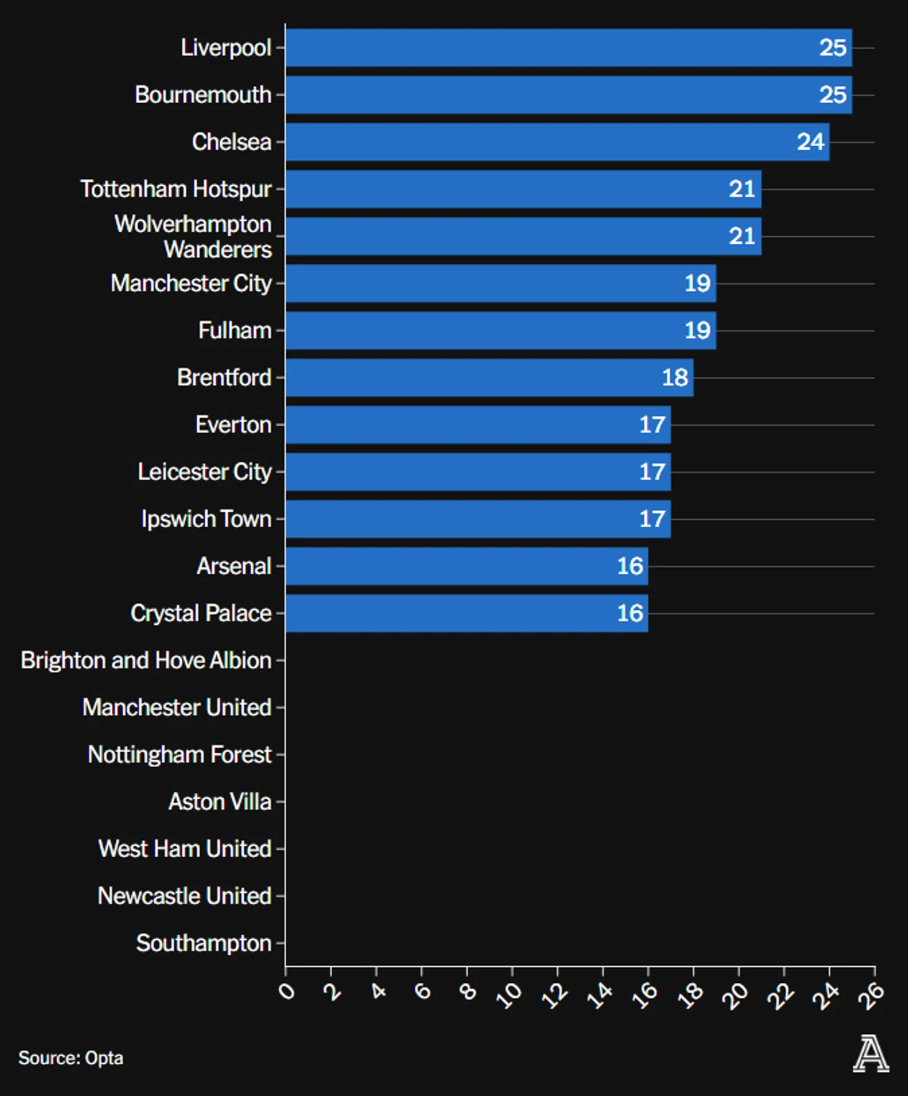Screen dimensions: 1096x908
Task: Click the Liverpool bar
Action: click(568, 48)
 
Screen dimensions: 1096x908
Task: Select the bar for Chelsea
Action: click(557, 142)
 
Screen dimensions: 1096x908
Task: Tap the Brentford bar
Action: click(489, 378)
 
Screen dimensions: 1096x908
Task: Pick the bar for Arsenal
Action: click(466, 566)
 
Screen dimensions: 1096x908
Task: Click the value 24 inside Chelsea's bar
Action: click(810, 142)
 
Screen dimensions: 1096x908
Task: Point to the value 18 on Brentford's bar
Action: click(675, 378)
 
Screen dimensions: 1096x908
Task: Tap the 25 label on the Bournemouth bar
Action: click(833, 95)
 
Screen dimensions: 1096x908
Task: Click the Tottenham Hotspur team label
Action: click(176, 189)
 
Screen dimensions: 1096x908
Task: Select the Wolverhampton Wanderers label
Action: click(193, 237)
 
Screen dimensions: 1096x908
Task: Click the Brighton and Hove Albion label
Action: click(146, 660)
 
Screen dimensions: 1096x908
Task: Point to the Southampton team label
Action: click(204, 943)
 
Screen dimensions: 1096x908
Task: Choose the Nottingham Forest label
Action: click(180, 755)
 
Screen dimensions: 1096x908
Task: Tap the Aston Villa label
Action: click(220, 802)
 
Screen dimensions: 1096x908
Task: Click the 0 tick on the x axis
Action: click(287, 990)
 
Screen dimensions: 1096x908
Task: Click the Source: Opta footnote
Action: click(71, 1058)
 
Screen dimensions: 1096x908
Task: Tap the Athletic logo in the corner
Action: click(871, 1054)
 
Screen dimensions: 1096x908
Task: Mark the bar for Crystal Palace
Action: click(466, 614)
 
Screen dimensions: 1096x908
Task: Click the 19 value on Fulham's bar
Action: click(697, 331)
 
